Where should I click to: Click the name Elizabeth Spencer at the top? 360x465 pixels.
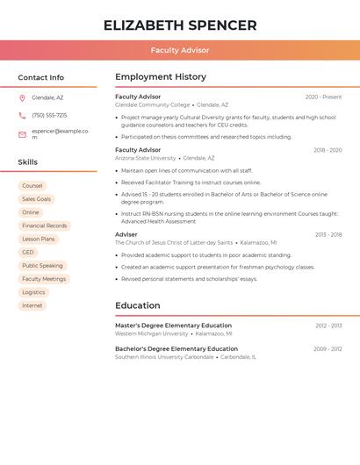(180, 25)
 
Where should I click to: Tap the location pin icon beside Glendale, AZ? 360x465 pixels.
(22, 97)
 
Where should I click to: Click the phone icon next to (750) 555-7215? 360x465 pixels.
(22, 115)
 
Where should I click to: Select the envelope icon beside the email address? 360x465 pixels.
(22, 134)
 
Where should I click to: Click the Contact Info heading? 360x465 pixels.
(41, 77)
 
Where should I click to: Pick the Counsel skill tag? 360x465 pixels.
(32, 186)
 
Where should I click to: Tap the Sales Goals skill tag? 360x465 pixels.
(36, 199)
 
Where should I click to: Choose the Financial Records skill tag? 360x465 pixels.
(44, 225)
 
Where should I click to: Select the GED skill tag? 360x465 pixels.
(28, 252)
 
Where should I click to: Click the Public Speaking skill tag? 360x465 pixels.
(42, 265)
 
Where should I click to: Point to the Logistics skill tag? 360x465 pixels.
(33, 292)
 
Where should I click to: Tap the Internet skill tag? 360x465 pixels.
(32, 305)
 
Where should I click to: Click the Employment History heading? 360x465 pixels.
(161, 76)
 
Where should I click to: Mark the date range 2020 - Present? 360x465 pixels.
(323, 97)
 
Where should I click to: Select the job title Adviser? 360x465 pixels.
(126, 234)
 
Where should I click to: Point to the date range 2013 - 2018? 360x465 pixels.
(328, 234)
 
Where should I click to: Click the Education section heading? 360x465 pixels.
(138, 305)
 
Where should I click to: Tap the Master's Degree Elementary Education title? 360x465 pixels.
(173, 325)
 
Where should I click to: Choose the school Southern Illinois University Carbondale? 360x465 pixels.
(164, 357)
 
